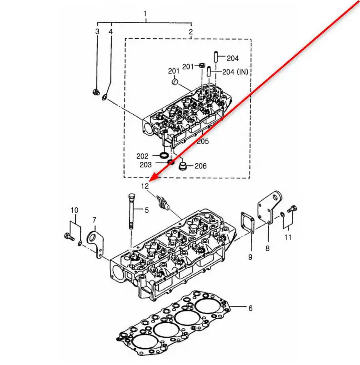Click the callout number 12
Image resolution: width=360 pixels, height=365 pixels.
[x=145, y=186]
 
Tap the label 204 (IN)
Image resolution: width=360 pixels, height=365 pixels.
[x=235, y=72]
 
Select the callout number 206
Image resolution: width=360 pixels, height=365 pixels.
[x=200, y=166]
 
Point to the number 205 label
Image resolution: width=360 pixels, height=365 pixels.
[x=203, y=141]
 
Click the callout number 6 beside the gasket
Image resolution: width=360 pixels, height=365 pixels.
[x=250, y=308]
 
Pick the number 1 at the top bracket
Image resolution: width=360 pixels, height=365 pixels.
[x=145, y=14]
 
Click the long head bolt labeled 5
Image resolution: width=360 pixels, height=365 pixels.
[x=131, y=211]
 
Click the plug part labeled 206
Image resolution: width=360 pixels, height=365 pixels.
[x=183, y=166]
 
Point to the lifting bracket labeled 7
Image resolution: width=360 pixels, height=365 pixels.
[x=95, y=244]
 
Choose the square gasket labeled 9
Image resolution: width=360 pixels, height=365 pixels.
[x=248, y=222]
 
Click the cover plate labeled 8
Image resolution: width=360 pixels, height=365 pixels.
[x=270, y=208]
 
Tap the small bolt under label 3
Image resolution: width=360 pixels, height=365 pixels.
[x=96, y=92]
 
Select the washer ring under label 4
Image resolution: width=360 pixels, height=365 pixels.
[x=105, y=97]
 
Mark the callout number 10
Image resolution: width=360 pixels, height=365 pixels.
[x=75, y=210]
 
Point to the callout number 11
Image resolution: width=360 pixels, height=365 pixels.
[x=288, y=237]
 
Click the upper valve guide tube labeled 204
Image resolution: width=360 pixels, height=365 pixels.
[x=216, y=56]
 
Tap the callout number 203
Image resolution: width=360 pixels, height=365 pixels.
[x=145, y=165]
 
